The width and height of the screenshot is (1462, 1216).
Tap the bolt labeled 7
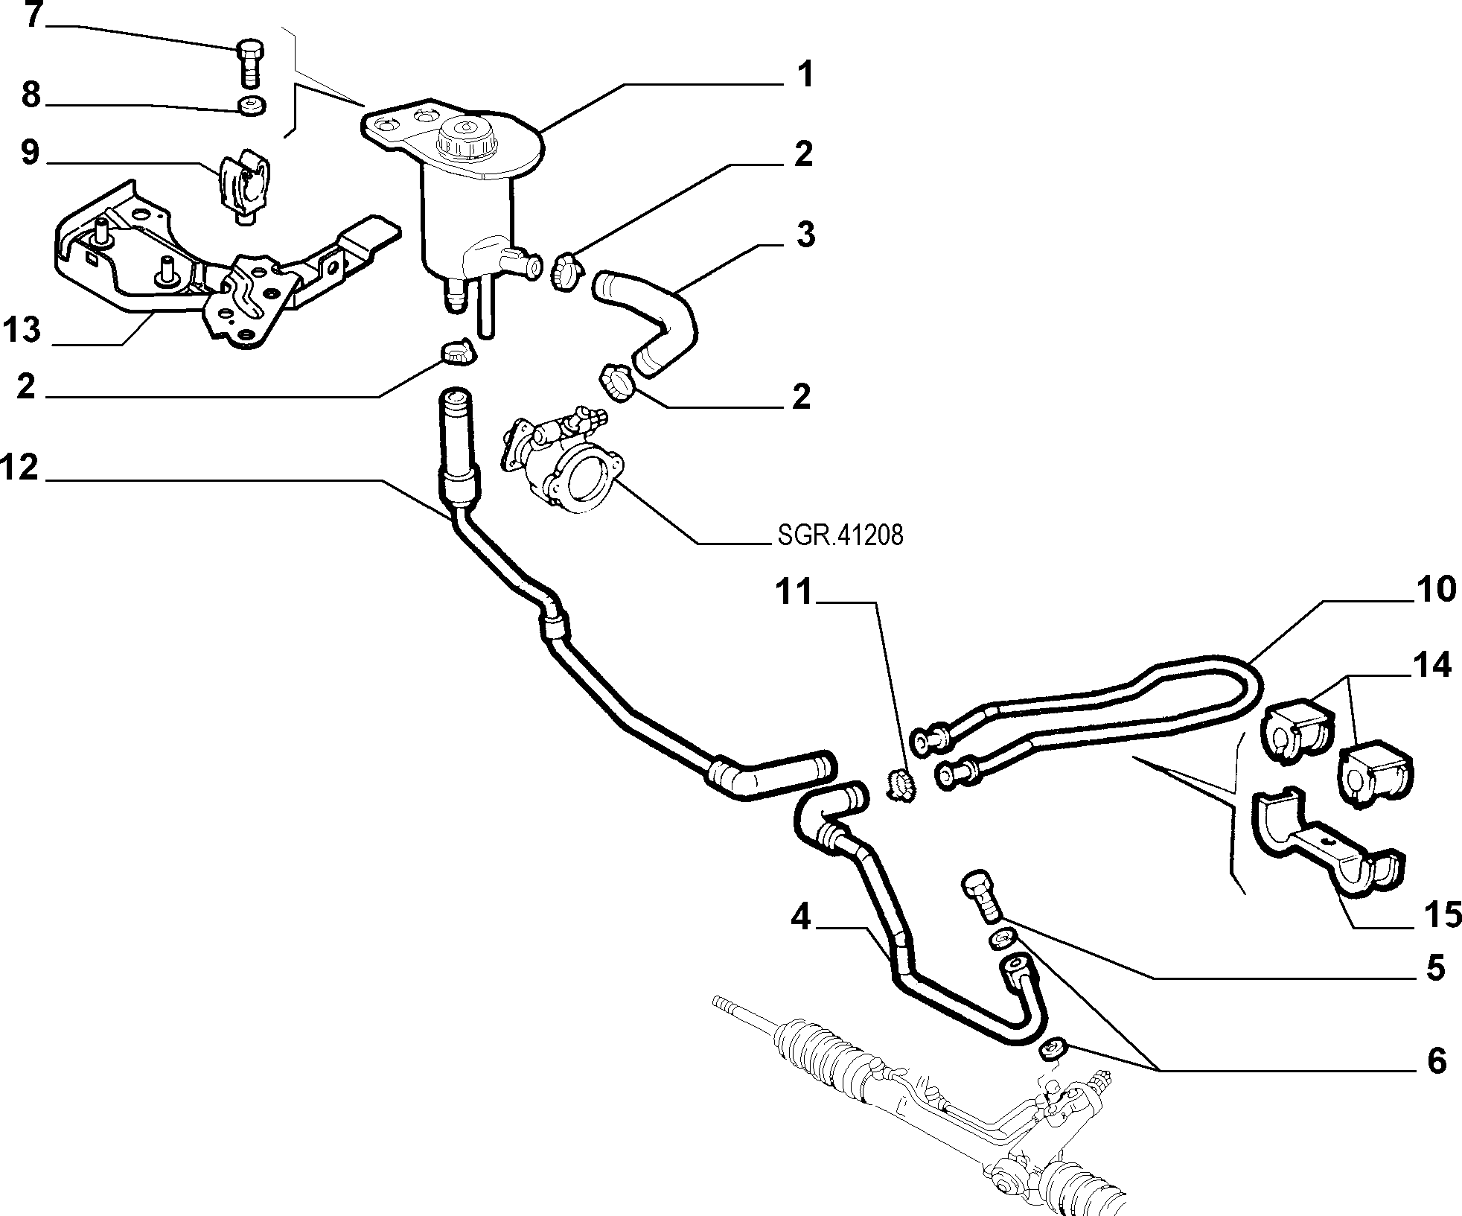pos(250,64)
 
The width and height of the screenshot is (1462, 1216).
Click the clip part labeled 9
pos(243,188)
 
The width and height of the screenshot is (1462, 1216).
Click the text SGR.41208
pos(840,535)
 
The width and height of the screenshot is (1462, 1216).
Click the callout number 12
pos(20,468)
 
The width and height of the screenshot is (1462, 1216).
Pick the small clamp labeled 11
pos(901,785)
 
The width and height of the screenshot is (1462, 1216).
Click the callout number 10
pos(1435,589)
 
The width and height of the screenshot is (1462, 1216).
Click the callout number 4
pos(800,918)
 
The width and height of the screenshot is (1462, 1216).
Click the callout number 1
pos(802,75)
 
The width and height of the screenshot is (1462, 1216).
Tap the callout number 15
pos(1443,915)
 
